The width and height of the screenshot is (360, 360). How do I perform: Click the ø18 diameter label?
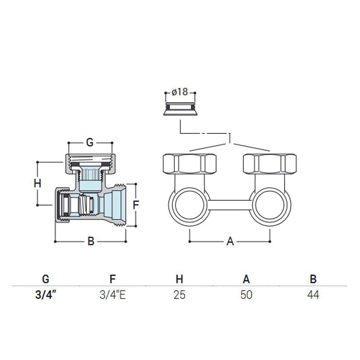[x=180, y=92]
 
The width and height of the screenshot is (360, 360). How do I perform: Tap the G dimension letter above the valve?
[x=90, y=143]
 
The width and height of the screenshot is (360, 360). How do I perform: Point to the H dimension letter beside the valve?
[x=37, y=184]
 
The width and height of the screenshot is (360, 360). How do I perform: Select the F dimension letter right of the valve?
[x=136, y=205]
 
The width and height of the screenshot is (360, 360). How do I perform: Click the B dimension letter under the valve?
[x=91, y=241]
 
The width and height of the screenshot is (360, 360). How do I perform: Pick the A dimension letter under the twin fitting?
[x=230, y=241]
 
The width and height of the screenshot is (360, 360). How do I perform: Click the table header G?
[x=46, y=279]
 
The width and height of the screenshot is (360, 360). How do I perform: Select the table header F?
[x=112, y=279]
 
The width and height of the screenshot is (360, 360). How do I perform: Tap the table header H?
[x=179, y=279]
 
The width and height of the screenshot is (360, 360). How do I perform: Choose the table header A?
[x=246, y=279]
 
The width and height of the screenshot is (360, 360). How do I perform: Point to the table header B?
[x=313, y=279]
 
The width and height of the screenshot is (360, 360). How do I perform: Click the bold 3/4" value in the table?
[x=45, y=295]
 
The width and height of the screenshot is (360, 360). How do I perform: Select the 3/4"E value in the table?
[x=112, y=295]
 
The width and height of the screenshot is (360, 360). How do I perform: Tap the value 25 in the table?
[x=179, y=295]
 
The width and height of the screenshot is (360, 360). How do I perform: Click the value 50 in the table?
[x=246, y=295]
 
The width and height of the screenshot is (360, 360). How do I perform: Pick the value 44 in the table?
[x=313, y=295]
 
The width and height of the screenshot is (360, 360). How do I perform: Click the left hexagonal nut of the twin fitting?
[x=189, y=164]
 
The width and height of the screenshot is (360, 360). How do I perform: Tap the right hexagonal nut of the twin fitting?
[x=270, y=164]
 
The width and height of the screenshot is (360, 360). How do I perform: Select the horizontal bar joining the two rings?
[x=230, y=205]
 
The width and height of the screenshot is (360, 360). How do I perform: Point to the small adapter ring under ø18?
[x=180, y=109]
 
